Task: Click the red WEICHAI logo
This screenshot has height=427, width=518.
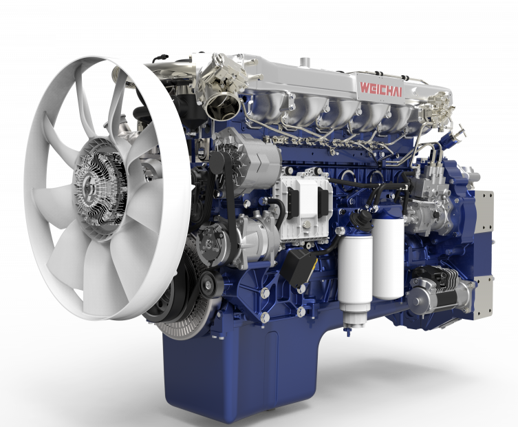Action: click(381, 88)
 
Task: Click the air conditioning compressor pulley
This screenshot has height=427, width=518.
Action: click(208, 243)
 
